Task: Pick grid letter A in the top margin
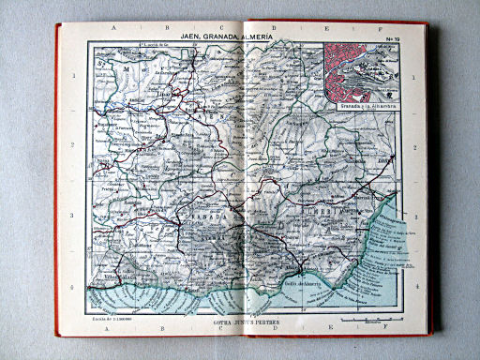[113, 29]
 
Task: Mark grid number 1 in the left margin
[74, 75]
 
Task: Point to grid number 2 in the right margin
[413, 147]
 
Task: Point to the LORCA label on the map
[385, 160]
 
